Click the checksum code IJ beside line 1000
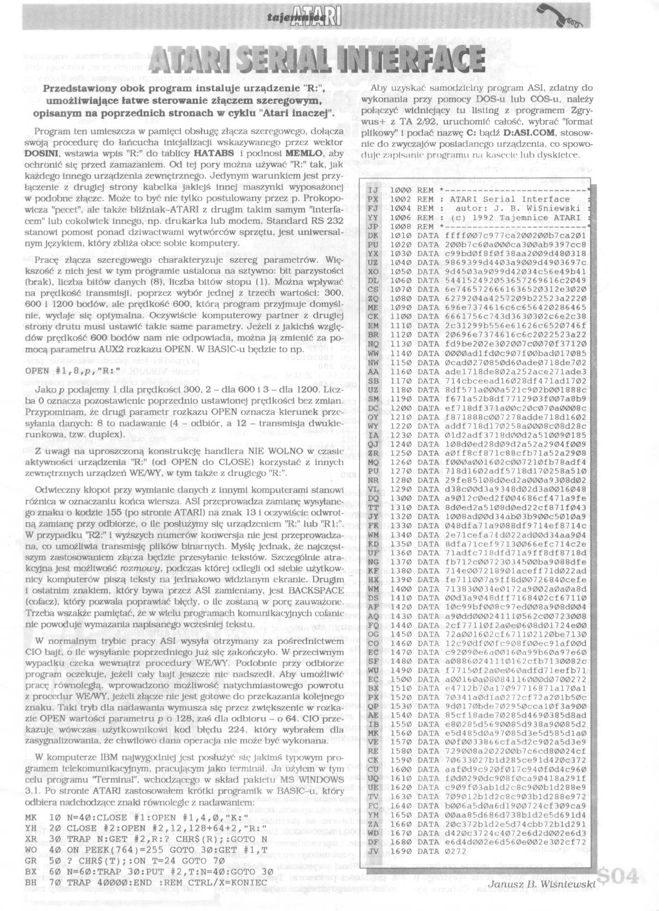click(x=373, y=190)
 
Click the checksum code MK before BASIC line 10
click(x=31, y=817)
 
